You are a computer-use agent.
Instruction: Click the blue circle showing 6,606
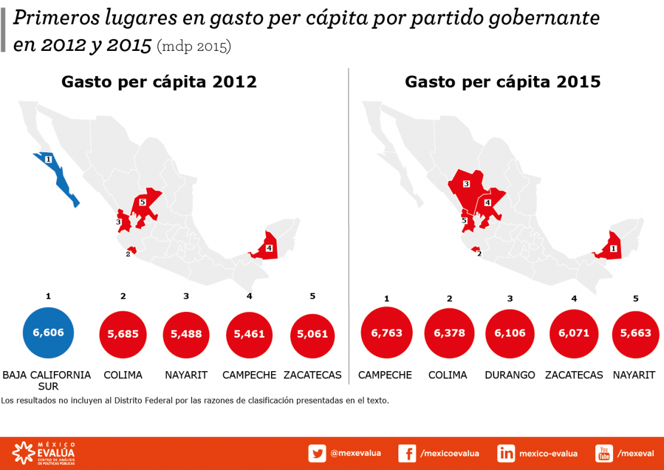47,333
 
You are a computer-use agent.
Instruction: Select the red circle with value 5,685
123,333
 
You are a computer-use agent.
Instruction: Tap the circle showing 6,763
386,333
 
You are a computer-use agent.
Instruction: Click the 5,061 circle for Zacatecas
313,333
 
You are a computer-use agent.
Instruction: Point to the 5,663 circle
636,333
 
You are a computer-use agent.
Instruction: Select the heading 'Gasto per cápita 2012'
159,81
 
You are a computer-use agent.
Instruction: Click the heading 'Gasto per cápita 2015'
502,81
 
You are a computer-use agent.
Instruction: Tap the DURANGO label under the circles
510,375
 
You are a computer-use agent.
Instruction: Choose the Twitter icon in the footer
317,454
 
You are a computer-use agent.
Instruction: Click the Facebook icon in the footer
407,454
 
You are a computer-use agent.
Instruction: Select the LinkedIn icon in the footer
506,454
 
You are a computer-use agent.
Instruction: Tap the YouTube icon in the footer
604,454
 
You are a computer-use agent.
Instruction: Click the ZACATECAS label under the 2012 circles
313,375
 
